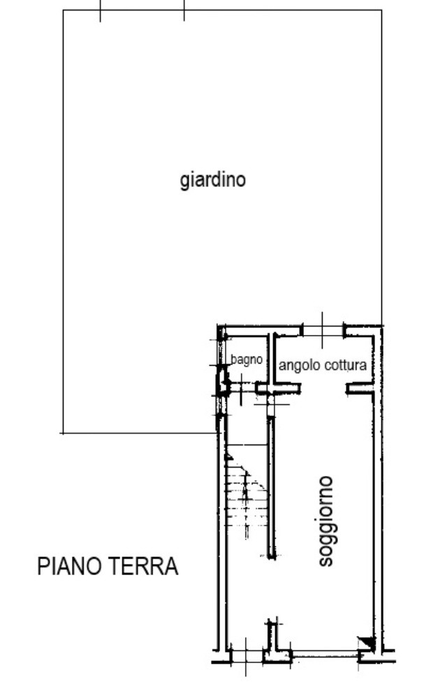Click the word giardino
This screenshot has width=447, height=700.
212,180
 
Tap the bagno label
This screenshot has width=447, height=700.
247,359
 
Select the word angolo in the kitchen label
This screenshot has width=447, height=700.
300,366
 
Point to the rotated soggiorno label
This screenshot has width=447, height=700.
325,521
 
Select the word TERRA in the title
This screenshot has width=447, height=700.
143,566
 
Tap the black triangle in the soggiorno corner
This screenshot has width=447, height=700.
369,643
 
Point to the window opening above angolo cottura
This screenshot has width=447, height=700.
323,331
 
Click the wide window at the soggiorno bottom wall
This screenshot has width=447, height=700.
325,655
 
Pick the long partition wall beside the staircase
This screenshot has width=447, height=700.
271,487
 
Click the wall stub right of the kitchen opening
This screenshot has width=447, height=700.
360,389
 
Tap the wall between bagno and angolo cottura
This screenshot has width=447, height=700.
271,360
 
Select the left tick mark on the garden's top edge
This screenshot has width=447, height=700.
100,10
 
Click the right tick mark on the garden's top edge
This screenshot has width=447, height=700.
184,10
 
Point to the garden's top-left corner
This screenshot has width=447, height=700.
63,10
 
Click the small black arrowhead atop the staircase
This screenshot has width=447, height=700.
228,456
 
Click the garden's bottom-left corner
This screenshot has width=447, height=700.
63,433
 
